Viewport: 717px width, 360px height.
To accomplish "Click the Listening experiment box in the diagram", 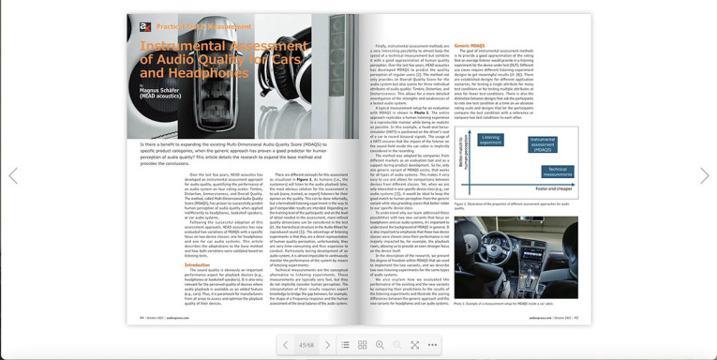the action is [490, 140].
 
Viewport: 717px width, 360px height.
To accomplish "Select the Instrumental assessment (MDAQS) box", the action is [542, 144].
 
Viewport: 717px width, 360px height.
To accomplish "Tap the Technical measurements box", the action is [557, 172].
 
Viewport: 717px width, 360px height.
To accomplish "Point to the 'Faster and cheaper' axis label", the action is [554, 188].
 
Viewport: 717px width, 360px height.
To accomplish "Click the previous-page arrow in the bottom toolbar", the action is [286, 345].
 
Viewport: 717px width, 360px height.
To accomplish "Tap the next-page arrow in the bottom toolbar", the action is [327, 345].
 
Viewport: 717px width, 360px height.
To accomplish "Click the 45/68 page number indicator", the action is [306, 345].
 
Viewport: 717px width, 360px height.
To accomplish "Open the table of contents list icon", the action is [345, 345].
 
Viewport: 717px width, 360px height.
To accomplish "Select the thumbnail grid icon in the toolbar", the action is [363, 345].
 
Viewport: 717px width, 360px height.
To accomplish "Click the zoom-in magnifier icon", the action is [381, 345].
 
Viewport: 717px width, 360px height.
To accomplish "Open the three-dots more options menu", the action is [432, 345].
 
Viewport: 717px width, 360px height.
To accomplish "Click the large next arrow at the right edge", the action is [704, 175].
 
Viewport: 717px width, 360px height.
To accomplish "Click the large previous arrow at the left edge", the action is [13, 175].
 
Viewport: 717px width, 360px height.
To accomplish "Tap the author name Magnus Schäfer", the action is [159, 90].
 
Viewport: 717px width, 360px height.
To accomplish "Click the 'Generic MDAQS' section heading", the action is [470, 45].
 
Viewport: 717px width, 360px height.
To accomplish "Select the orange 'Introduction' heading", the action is [197, 265].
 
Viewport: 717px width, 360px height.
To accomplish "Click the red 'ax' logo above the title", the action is [145, 27].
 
